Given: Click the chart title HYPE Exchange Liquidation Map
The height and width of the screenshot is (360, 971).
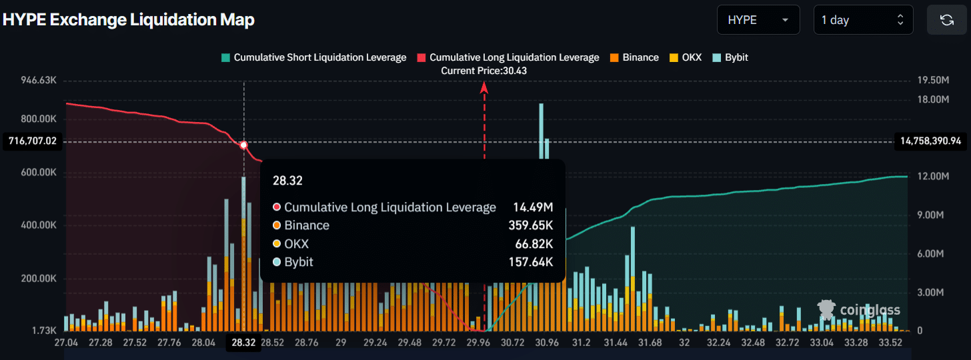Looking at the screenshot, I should [x=129, y=20].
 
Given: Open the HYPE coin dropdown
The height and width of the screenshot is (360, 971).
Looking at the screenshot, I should [x=758, y=20].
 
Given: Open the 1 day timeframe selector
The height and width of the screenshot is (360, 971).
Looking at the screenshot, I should [x=862, y=20].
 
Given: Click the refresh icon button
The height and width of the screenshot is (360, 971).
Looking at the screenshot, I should [x=946, y=20].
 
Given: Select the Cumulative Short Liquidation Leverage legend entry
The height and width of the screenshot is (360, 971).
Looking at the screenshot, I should [x=313, y=57].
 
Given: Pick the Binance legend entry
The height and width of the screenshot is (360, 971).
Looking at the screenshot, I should [x=634, y=57].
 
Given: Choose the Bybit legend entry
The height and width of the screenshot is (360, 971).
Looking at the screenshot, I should [x=730, y=57].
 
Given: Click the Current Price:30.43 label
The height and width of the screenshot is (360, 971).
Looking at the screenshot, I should [x=484, y=71].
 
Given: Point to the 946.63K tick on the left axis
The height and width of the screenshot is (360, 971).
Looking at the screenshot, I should [x=39, y=80].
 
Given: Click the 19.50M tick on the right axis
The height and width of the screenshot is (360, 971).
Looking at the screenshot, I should [x=933, y=80].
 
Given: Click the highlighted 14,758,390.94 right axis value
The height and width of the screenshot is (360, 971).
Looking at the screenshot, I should [x=930, y=141].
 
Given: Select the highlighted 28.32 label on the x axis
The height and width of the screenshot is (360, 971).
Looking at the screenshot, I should [x=244, y=343].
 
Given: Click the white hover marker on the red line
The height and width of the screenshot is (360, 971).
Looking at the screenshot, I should [x=244, y=145].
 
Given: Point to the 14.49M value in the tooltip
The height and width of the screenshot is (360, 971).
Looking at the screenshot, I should [x=533, y=207].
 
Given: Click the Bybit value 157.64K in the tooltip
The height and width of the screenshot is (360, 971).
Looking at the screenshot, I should [x=531, y=262].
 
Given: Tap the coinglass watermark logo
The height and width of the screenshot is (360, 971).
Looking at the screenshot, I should [x=859, y=309].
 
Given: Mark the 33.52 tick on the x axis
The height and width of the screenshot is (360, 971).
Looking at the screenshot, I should [x=890, y=343].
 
